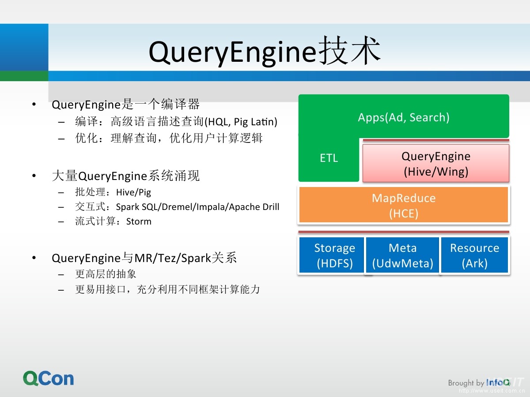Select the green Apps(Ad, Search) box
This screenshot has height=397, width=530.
pos(404,117)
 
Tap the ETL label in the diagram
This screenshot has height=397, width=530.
pos(329,158)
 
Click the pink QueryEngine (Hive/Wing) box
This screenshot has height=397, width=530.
pos(435,163)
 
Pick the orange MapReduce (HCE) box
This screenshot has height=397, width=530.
pos(404,205)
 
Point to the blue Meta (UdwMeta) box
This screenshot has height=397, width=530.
pos(402,255)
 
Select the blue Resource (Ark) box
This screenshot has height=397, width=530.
pos(474,255)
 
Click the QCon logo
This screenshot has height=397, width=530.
pos(49,378)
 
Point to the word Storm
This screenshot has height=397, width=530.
pos(139,221)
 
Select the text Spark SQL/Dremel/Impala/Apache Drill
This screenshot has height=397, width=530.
pos(197,207)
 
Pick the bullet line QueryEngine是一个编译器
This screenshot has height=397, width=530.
pos(126,105)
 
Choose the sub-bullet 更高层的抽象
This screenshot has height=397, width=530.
pos(106,274)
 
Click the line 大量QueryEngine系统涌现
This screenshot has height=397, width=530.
pos(126,176)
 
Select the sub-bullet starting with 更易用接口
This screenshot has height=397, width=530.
pos(167,289)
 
